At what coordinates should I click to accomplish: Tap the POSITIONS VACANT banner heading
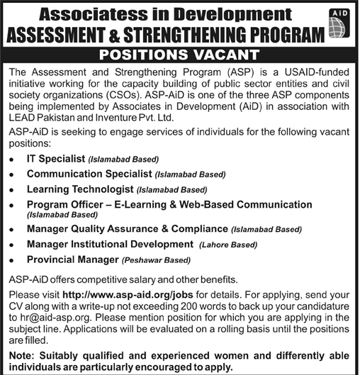179,54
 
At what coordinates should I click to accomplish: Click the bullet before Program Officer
13,206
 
